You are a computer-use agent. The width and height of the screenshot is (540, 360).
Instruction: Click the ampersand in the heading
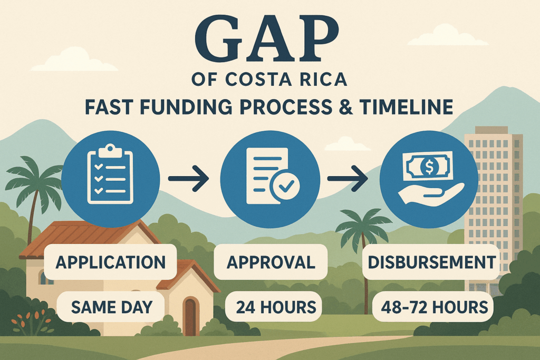[x=345, y=106]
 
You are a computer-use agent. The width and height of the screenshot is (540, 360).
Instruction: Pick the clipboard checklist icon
[x=110, y=174]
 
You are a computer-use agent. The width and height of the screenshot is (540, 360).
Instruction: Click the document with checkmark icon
[x=272, y=176]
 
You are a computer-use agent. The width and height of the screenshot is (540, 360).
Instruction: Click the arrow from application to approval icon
[x=188, y=179]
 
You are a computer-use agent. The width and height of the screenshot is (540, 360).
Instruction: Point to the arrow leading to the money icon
[x=348, y=179]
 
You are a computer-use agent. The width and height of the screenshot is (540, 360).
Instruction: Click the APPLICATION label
[x=110, y=262]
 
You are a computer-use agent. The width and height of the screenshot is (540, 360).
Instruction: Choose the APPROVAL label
[x=271, y=262]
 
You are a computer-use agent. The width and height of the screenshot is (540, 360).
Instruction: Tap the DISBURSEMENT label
[x=431, y=262]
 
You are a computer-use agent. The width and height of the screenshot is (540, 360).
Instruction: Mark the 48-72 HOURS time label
[x=433, y=307]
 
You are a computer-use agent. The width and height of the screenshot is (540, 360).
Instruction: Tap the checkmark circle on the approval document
[x=285, y=187]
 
